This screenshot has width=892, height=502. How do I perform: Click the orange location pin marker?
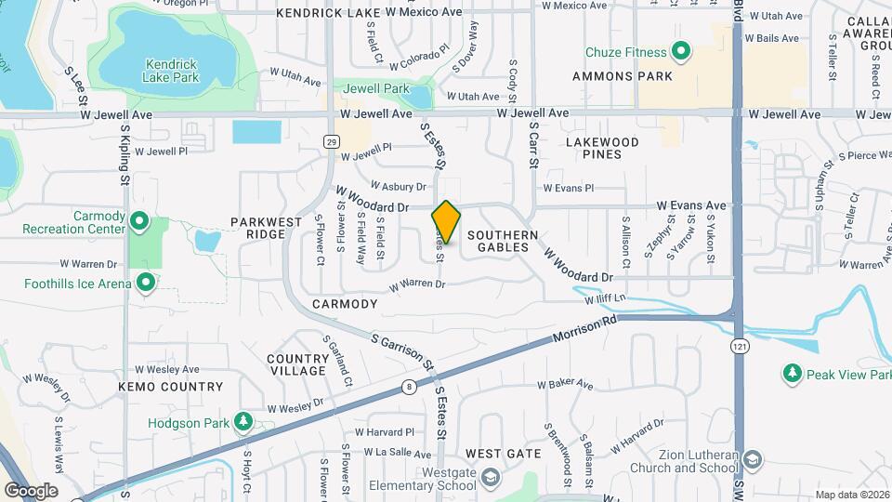pyautogui.click(x=446, y=221)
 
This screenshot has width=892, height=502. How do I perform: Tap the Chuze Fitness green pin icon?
pyautogui.click(x=680, y=52)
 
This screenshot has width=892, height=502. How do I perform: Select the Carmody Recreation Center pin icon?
pyautogui.click(x=139, y=221)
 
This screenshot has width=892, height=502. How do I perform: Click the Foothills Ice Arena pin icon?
pyautogui.click(x=145, y=281)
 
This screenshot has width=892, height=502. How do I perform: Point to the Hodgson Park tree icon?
pyautogui.click(x=243, y=422)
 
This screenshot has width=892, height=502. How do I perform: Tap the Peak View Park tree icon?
pyautogui.click(x=792, y=374)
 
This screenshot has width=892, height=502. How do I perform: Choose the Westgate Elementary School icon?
pyautogui.click(x=490, y=478)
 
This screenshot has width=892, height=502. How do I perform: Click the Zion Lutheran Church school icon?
pyautogui.click(x=752, y=460)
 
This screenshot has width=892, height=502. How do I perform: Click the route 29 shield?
pyautogui.click(x=331, y=140)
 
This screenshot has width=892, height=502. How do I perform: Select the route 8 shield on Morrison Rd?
pyautogui.click(x=408, y=385)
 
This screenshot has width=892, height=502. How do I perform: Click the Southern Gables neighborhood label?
pyautogui.click(x=503, y=241)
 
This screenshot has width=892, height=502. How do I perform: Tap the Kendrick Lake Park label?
pyautogui.click(x=172, y=71)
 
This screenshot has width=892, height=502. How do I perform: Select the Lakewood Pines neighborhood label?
pyautogui.click(x=602, y=148)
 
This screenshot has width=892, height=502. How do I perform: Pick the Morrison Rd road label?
pyautogui.click(x=584, y=335)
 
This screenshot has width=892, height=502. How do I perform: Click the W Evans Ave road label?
pyautogui.click(x=691, y=205)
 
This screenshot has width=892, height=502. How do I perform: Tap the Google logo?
pyautogui.click(x=31, y=490)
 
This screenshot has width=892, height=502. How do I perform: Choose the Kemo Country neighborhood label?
pyautogui.click(x=170, y=386)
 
